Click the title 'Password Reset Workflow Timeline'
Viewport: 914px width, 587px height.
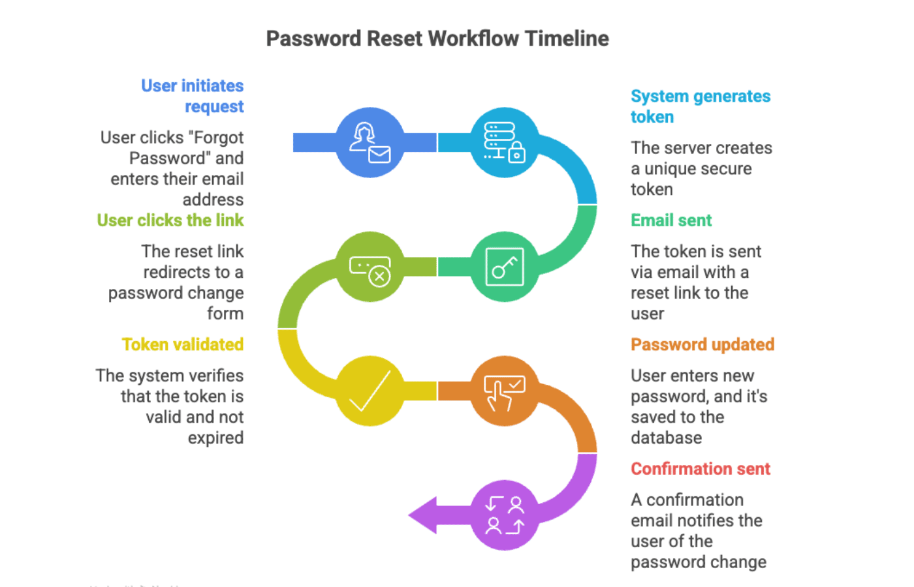click(x=437, y=38)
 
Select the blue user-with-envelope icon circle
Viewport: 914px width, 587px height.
click(x=370, y=142)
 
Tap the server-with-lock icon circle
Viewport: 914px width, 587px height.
click(x=504, y=142)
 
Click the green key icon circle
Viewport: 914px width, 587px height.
click(x=504, y=267)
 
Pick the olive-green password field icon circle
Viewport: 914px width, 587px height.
click(x=370, y=267)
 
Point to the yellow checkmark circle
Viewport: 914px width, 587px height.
click(x=370, y=391)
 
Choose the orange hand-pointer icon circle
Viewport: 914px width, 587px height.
click(x=504, y=391)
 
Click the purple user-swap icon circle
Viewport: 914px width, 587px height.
click(x=504, y=515)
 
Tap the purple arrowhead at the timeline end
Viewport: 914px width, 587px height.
click(x=423, y=515)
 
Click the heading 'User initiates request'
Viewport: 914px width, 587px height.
click(x=193, y=96)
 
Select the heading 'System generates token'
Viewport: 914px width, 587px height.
click(x=700, y=106)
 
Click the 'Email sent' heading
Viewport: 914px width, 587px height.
click(x=671, y=220)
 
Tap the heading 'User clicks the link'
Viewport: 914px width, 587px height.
click(x=170, y=220)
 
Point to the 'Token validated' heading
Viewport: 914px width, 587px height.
click(x=183, y=344)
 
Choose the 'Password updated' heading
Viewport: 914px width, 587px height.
click(x=702, y=344)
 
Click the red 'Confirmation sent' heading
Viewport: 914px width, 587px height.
click(x=701, y=469)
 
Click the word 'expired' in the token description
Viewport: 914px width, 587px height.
click(x=215, y=438)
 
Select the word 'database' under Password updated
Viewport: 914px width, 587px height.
click(x=666, y=438)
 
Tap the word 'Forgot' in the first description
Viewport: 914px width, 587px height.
click(x=217, y=138)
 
